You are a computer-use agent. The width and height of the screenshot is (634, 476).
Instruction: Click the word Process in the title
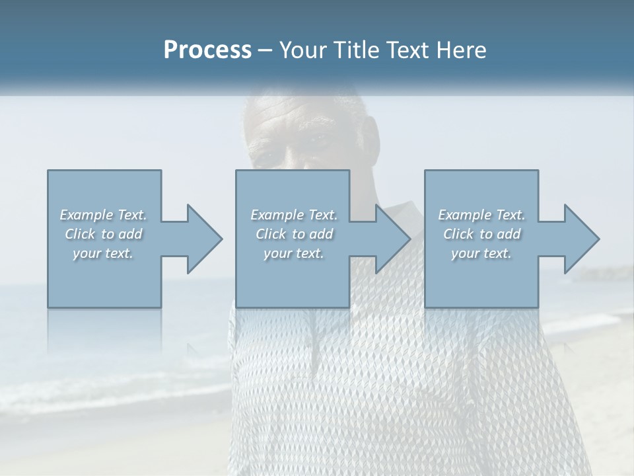207,50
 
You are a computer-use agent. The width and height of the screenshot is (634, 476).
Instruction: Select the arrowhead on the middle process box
392,239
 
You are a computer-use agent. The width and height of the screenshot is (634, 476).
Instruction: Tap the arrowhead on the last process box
581,239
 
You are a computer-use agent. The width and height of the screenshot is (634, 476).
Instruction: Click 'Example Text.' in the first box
103,215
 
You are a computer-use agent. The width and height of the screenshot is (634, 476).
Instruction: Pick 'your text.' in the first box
103,253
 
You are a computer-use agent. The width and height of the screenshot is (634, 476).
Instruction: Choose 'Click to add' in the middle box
294,234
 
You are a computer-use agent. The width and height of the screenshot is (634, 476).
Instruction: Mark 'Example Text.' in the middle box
294,215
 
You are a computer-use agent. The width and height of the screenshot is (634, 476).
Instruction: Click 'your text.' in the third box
481,253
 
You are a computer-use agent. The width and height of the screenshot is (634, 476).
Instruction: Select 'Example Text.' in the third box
481,215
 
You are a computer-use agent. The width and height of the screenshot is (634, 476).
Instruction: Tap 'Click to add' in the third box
481,234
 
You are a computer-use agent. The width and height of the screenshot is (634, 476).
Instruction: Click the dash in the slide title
265,50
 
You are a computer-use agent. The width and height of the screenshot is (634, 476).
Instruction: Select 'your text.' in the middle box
294,253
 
